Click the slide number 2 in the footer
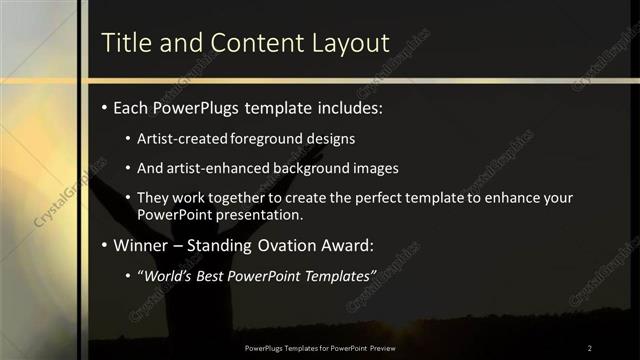[589, 347]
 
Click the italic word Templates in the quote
[338, 275]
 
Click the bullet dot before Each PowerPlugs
[105, 107]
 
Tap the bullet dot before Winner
[105, 245]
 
